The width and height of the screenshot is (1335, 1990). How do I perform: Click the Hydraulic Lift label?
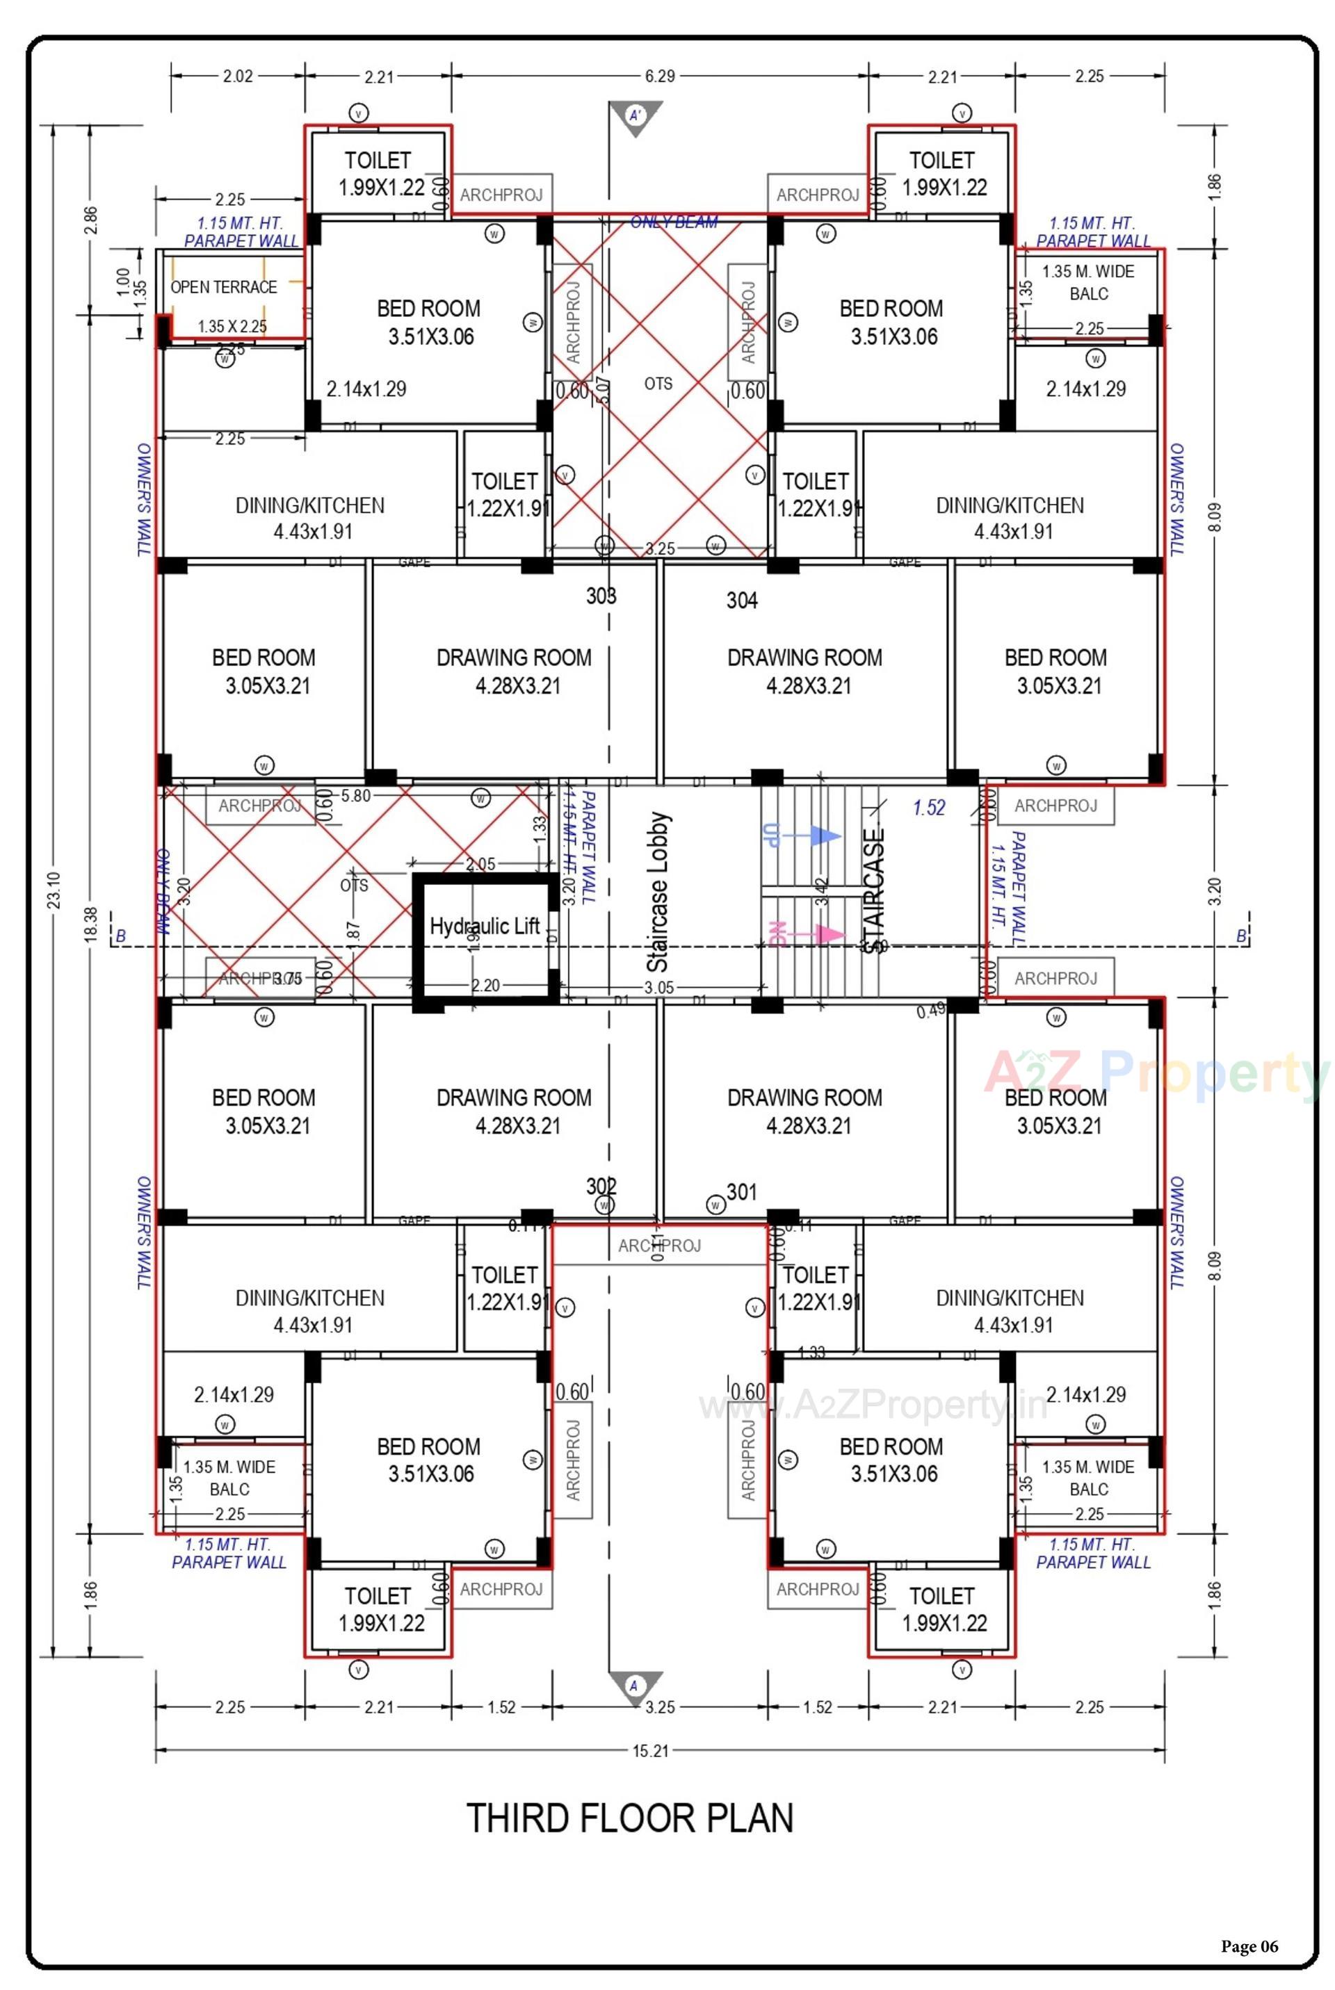click(485, 926)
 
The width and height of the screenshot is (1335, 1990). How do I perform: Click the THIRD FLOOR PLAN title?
click(630, 1819)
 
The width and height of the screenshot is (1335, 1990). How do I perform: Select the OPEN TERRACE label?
click(224, 287)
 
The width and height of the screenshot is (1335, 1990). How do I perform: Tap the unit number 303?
click(601, 596)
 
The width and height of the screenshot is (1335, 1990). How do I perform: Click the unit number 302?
click(601, 1186)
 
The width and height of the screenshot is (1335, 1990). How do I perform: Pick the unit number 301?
click(742, 1191)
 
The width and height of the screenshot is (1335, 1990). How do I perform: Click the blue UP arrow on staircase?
click(823, 837)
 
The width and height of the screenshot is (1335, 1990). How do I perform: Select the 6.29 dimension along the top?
click(660, 76)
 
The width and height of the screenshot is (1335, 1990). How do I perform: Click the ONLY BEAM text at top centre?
click(674, 222)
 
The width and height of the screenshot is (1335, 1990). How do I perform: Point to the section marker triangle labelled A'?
click(635, 117)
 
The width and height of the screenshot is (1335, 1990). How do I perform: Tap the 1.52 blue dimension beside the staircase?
click(929, 808)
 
